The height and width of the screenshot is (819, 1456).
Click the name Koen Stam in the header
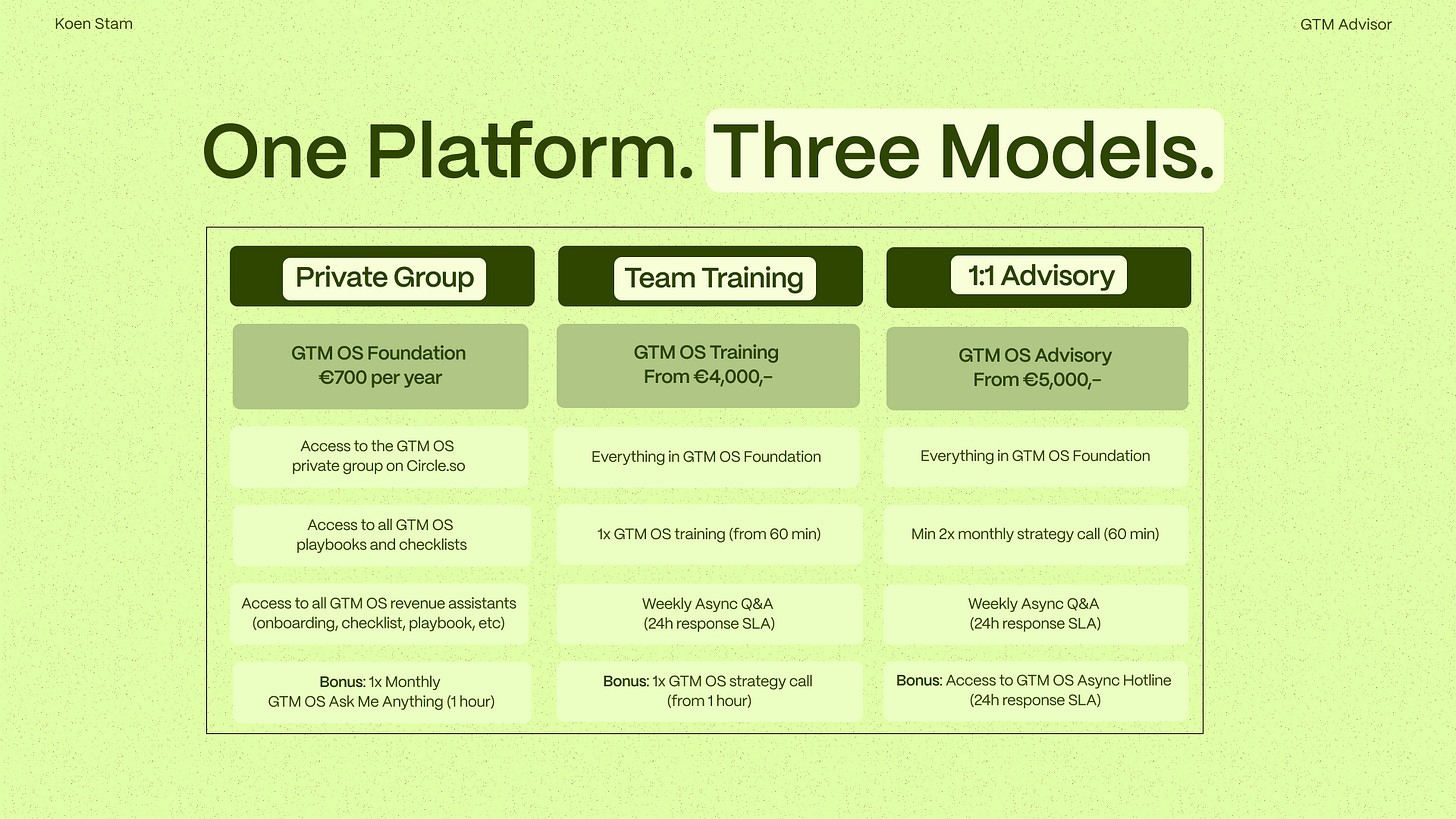pyautogui.click(x=94, y=24)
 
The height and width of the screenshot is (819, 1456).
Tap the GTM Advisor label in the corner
pyautogui.click(x=1345, y=24)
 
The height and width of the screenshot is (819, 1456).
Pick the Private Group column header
pyautogui.click(x=384, y=277)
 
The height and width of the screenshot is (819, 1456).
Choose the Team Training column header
pyautogui.click(x=713, y=278)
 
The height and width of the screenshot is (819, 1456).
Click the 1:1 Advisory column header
pyautogui.click(x=1038, y=275)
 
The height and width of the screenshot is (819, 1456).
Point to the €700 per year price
pyautogui.click(x=379, y=378)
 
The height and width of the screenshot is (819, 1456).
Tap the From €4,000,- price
pyautogui.click(x=707, y=377)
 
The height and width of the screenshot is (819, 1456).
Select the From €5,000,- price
pyautogui.click(x=1036, y=380)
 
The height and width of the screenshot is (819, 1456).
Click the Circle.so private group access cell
pyautogui.click(x=379, y=456)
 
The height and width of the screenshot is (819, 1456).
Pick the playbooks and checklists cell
pyautogui.click(x=381, y=535)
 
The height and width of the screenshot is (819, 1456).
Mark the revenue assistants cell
pyautogui.click(x=379, y=613)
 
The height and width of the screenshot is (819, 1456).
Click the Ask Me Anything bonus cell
pyautogui.click(x=381, y=692)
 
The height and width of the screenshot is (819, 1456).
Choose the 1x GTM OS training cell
pyautogui.click(x=708, y=534)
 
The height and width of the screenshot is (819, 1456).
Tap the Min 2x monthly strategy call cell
pyautogui.click(x=1035, y=534)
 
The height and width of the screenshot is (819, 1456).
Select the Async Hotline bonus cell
pyautogui.click(x=1035, y=690)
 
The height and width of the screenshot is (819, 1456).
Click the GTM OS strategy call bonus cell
pyautogui.click(x=708, y=691)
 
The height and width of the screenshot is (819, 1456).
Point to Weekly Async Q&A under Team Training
pyautogui.click(x=708, y=613)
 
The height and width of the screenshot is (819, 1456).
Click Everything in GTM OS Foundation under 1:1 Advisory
pyautogui.click(x=1035, y=456)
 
